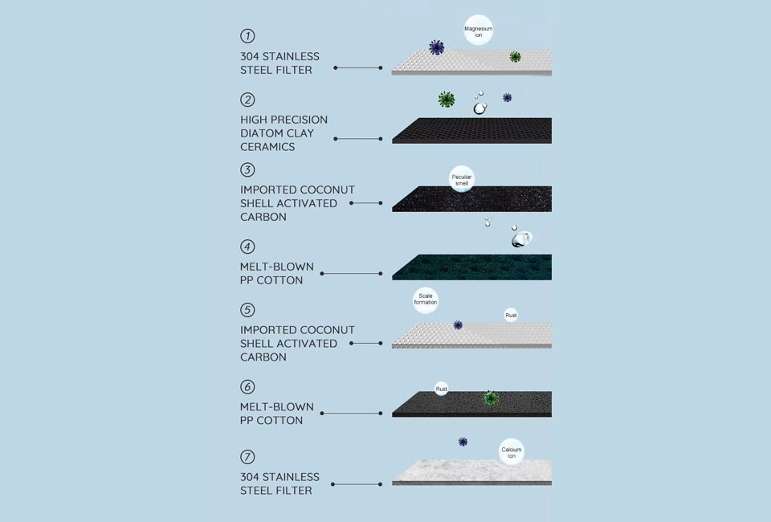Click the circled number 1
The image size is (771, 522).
tap(247, 36)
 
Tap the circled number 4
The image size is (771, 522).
tap(247, 247)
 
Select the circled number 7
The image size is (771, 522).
tap(247, 457)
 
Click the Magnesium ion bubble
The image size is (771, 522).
tap(479, 31)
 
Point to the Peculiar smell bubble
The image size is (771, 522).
tap(462, 179)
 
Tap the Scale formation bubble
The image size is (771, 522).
tap(426, 300)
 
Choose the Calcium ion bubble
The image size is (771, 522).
tap(512, 451)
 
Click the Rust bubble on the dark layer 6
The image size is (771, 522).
tap(442, 389)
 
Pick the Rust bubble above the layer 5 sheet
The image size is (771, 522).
tap(512, 315)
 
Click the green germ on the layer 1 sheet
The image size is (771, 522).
tap(515, 57)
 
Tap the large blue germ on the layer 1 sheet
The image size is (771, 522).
tap(437, 47)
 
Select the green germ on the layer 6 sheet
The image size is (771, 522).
tap(491, 398)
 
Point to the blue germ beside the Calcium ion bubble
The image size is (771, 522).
tap(463, 442)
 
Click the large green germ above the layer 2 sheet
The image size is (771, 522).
tap(447, 100)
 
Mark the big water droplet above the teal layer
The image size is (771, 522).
tap(521, 239)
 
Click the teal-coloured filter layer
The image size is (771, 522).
tap(471, 267)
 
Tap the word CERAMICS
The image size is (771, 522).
tap(267, 147)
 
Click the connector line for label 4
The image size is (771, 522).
tap(351, 273)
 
